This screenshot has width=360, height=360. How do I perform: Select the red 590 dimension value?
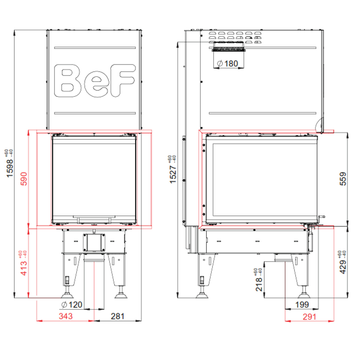click(x=24, y=179)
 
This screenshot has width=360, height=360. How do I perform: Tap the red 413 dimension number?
click(x=24, y=268)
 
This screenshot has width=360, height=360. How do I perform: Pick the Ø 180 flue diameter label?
click(x=227, y=64)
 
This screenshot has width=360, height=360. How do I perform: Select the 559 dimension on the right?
click(x=343, y=179)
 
